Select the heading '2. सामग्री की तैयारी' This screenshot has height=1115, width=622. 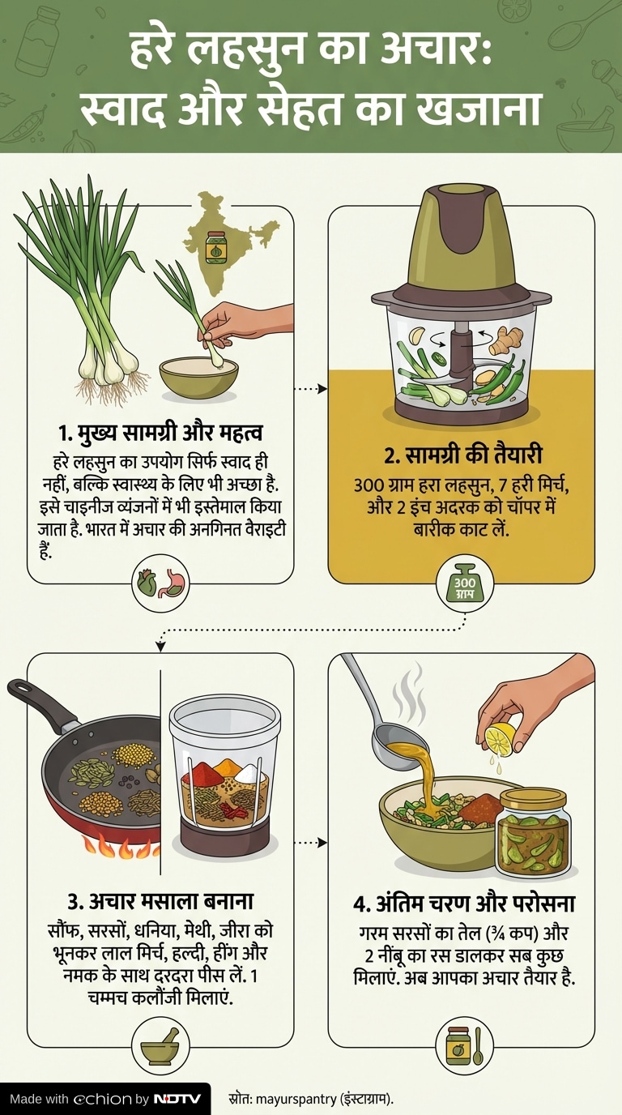tap(462, 456)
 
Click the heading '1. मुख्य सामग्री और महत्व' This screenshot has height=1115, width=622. tap(160, 434)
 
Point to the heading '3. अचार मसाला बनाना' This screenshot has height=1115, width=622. tap(160, 901)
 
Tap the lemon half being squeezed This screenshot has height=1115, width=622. tap(501, 741)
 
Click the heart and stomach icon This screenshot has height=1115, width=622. tap(160, 583)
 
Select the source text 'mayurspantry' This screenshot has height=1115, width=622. tap(296, 1099)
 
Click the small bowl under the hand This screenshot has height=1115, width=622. tap(199, 378)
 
